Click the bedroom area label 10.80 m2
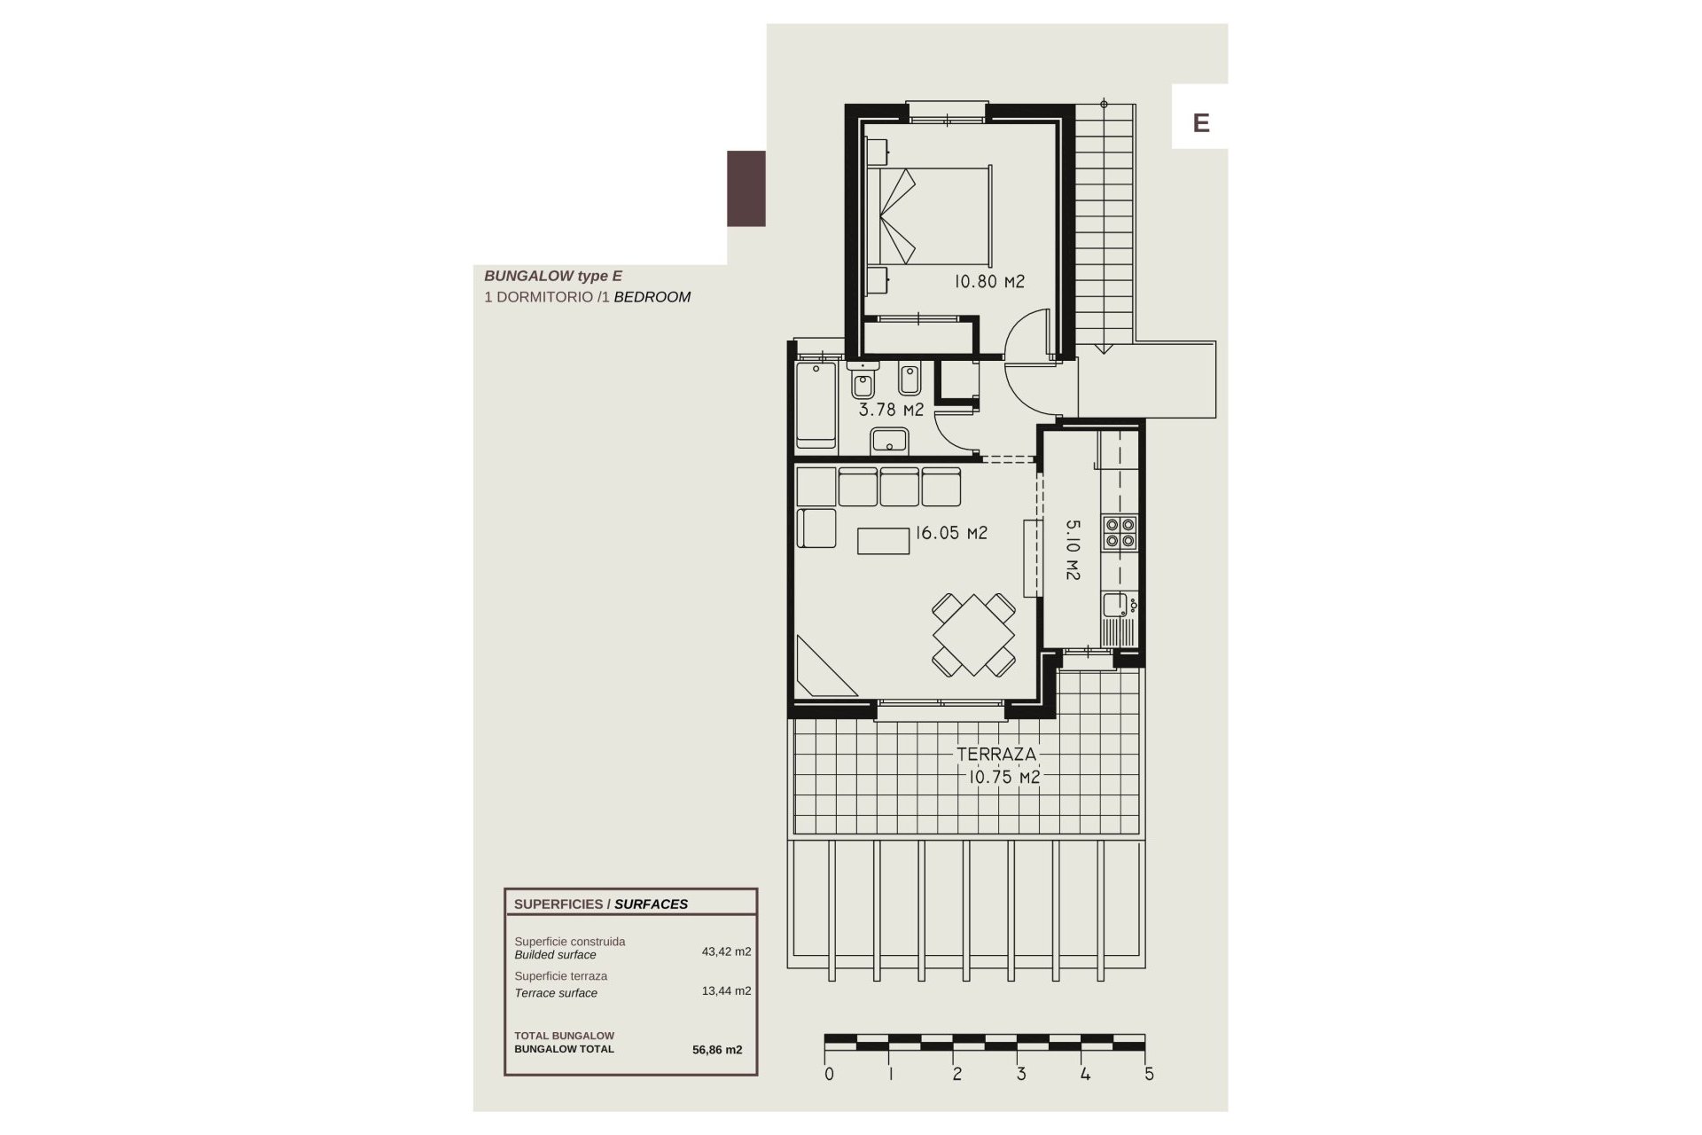(x=989, y=282)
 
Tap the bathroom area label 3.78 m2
(x=891, y=410)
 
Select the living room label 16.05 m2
(x=951, y=533)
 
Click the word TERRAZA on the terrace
(x=995, y=755)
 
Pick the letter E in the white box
(x=1201, y=122)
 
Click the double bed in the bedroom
(x=929, y=215)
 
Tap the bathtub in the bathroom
(x=816, y=404)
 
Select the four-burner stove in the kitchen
(x=1120, y=532)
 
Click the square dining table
(x=973, y=635)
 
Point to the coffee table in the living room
(x=883, y=541)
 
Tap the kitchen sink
(x=1115, y=606)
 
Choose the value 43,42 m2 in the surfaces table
(x=726, y=951)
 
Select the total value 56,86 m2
(x=717, y=1050)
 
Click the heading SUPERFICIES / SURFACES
(x=601, y=904)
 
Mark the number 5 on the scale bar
(x=1150, y=1074)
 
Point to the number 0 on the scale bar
(x=829, y=1074)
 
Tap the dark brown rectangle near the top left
(x=746, y=188)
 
